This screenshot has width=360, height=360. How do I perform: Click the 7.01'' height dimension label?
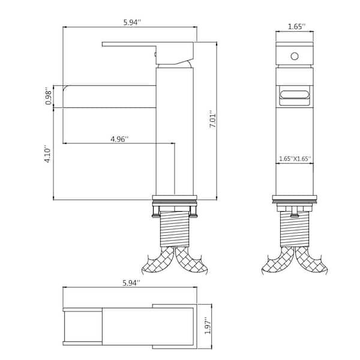tap(212, 120)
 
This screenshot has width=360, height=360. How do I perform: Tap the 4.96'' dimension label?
tap(119, 139)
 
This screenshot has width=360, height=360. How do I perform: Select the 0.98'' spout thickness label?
tap(49, 96)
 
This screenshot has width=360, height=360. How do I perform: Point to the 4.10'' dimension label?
tap(48, 154)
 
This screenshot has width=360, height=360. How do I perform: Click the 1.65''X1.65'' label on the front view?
tap(295, 158)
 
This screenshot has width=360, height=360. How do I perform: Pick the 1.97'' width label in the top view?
tap(208, 326)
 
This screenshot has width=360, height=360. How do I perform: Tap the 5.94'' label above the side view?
tap(132, 23)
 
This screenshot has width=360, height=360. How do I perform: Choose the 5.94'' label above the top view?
tap(131, 283)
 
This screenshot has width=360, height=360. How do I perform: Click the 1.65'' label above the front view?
tap(296, 26)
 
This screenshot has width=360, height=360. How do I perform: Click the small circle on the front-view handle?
tap(295, 56)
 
